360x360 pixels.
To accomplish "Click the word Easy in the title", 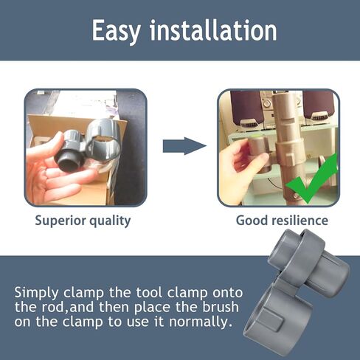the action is tap(116, 32).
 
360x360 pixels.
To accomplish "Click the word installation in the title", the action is tap(213, 30).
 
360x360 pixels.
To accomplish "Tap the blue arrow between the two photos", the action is tap(184, 146).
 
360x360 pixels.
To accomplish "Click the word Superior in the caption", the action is tap(60, 221).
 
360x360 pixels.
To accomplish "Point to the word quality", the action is tap(110, 221).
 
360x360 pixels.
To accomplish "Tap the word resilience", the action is tap(300, 220).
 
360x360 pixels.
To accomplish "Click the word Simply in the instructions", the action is tap(36, 294).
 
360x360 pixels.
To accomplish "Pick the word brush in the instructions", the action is tap(221, 307).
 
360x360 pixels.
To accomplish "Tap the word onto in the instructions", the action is tap(227, 293).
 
